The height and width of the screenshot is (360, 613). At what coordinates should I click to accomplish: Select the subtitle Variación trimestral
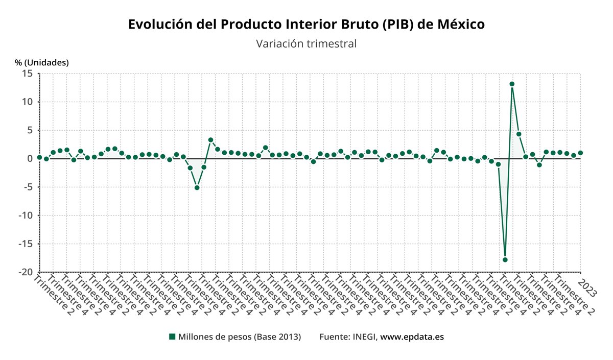306,44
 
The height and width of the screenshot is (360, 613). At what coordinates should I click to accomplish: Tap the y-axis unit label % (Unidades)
42,62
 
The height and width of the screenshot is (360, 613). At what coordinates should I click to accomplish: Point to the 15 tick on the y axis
27,74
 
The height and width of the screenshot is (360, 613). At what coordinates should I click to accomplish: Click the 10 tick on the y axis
27,102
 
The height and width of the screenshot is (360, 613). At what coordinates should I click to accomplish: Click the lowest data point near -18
505,260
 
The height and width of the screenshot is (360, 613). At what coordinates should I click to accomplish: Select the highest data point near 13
512,84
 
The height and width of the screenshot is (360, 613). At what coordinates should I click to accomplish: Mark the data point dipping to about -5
197,188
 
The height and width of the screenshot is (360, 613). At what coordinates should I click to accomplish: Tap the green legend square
172,337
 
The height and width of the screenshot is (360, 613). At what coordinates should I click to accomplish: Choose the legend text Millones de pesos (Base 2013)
240,337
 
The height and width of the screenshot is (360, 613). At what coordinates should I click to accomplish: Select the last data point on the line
580,153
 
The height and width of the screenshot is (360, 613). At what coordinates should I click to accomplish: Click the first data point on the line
39,157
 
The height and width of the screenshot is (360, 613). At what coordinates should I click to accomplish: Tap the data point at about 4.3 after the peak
518,134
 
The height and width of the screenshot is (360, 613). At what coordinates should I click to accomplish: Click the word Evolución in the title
159,25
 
